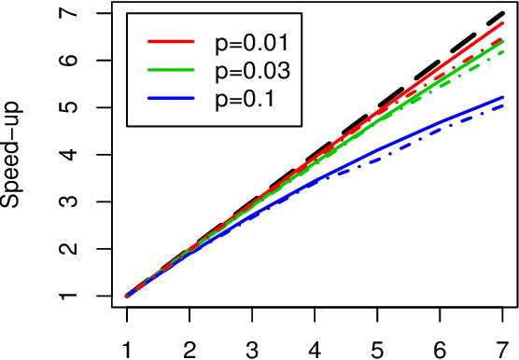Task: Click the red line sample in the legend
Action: tap(169, 42)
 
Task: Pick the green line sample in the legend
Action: tap(169, 70)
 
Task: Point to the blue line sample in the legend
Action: tap(169, 98)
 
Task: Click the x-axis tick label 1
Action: tap(126, 346)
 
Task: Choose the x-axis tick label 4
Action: tap(316, 346)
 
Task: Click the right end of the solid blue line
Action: tap(504, 97)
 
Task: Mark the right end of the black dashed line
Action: tap(504, 13)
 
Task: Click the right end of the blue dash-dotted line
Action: tap(504, 105)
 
